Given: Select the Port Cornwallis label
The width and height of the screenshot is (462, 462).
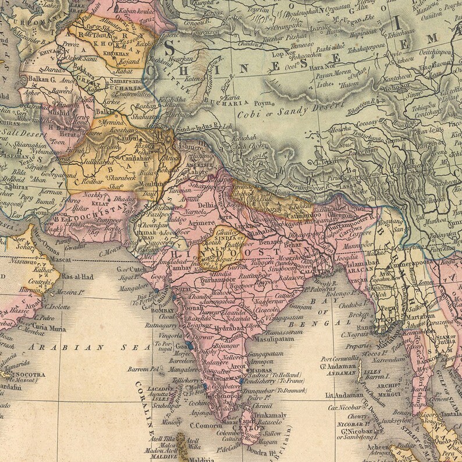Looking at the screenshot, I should point(339,359).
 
